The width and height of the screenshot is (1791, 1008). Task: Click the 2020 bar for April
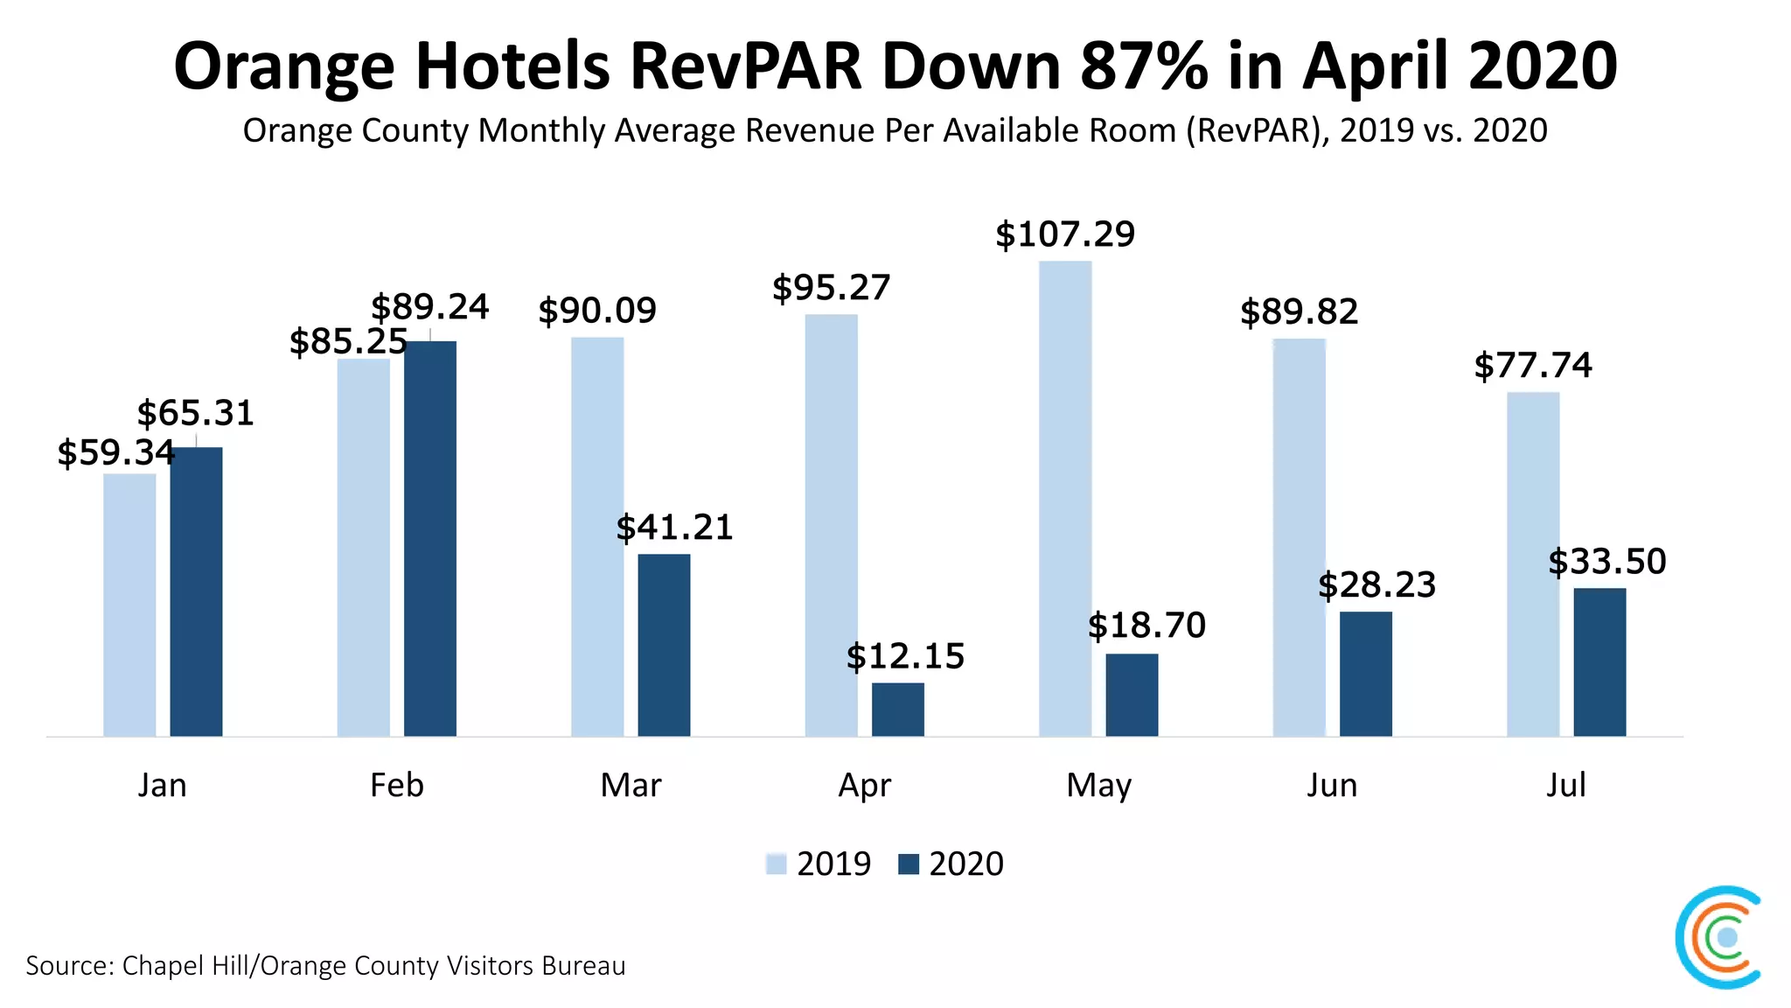[897, 710]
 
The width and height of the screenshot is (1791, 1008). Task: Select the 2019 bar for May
[1065, 499]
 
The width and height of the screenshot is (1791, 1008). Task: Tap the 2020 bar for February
[429, 538]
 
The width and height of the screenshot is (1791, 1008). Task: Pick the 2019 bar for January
[129, 605]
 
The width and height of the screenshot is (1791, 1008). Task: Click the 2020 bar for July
[1599, 662]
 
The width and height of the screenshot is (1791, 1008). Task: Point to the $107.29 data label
[1065, 234]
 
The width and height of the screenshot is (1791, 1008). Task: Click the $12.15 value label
[905, 656]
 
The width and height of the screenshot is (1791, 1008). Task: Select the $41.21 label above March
[674, 528]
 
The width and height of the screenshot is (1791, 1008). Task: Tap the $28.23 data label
[1376, 585]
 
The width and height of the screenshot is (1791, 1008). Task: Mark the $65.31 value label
[195, 413]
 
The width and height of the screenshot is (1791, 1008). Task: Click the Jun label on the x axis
[1332, 785]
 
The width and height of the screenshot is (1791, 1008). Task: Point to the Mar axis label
[631, 785]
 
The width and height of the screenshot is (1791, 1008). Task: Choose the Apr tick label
[864, 785]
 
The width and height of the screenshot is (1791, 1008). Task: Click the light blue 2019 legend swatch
[776, 864]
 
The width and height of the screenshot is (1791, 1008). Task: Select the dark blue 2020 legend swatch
[909, 864]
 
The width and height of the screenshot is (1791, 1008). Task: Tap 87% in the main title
[1144, 66]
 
